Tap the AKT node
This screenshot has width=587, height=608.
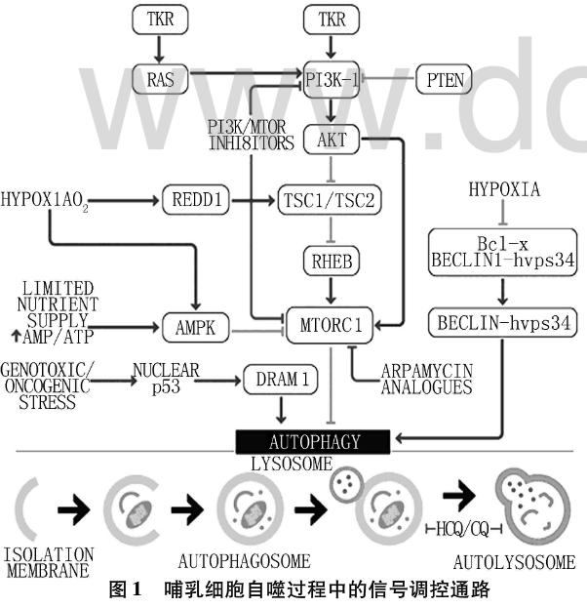coord(333,142)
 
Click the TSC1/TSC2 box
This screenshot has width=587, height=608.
coord(333,200)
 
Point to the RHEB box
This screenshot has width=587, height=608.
coord(333,262)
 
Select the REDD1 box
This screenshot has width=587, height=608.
coord(197,200)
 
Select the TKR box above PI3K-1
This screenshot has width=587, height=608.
coord(333,19)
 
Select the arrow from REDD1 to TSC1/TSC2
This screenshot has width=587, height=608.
coord(249,200)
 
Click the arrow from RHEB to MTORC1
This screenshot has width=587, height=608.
coord(333,291)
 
